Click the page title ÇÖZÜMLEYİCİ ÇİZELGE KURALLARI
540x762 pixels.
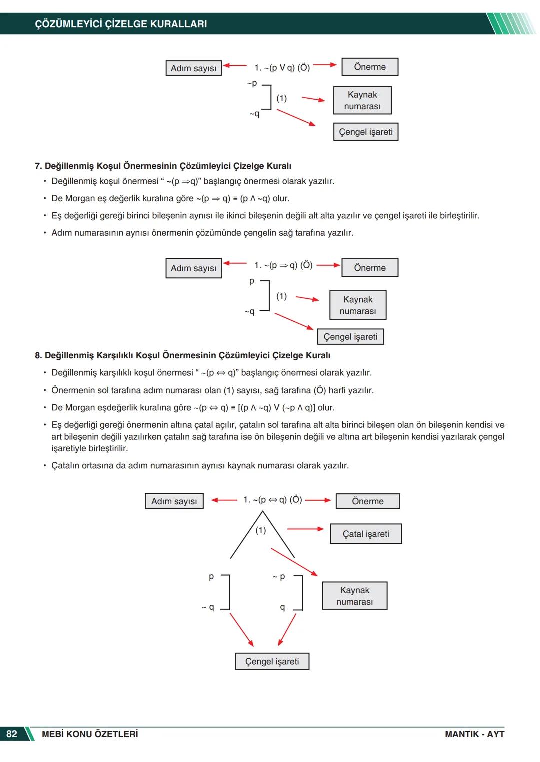pos(121,24)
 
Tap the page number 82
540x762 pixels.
pos(12,734)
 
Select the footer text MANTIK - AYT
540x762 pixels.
pos(474,734)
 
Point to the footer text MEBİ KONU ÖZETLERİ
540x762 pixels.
pos(90,734)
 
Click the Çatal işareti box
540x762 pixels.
pos(366,534)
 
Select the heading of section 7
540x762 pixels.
pos(163,166)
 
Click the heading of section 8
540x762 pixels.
pos(182,355)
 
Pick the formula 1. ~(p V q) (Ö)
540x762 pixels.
pos(282,67)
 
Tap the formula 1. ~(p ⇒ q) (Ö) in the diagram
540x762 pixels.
pos(283,265)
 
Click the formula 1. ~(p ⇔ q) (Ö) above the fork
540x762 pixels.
pos(272,500)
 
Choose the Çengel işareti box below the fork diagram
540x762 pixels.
pos(272,661)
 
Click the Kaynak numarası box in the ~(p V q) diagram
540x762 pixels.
pos(362,100)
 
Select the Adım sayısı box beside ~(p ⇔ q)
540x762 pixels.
pos(174,501)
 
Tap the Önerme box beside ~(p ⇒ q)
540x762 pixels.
pos(370,268)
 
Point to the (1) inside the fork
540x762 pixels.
pos(261,530)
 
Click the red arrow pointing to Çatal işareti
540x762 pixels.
pos(305,529)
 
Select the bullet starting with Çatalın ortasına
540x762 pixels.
pos(200,465)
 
